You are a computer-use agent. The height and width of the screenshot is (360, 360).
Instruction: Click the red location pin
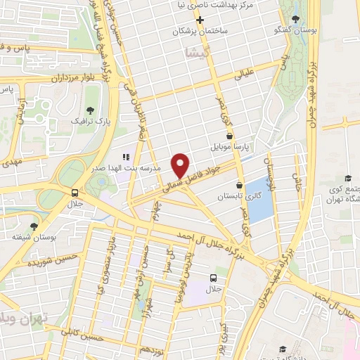click(181, 165)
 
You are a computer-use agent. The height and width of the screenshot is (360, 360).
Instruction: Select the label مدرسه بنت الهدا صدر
click(131, 169)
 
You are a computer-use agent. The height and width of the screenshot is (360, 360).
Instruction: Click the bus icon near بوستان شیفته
click(75, 193)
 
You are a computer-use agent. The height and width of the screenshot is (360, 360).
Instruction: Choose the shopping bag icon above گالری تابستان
click(239, 185)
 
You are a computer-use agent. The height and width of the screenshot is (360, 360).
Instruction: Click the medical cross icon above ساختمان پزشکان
click(200, 20)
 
